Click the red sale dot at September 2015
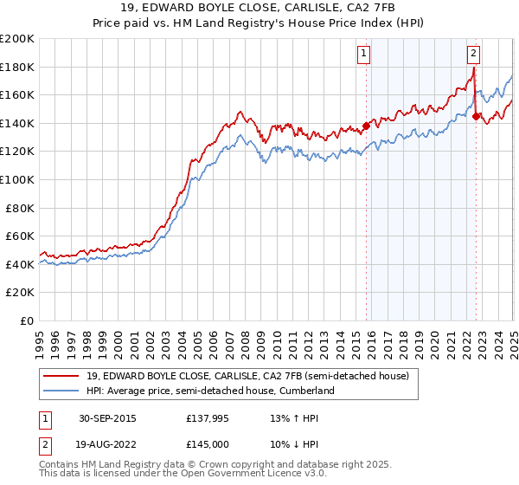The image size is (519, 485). coord(366,126)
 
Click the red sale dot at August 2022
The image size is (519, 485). coord(476,116)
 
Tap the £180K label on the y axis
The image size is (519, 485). coord(17,67)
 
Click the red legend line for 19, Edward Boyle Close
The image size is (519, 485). coord(64,375)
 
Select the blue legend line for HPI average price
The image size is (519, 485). coord(64,391)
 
